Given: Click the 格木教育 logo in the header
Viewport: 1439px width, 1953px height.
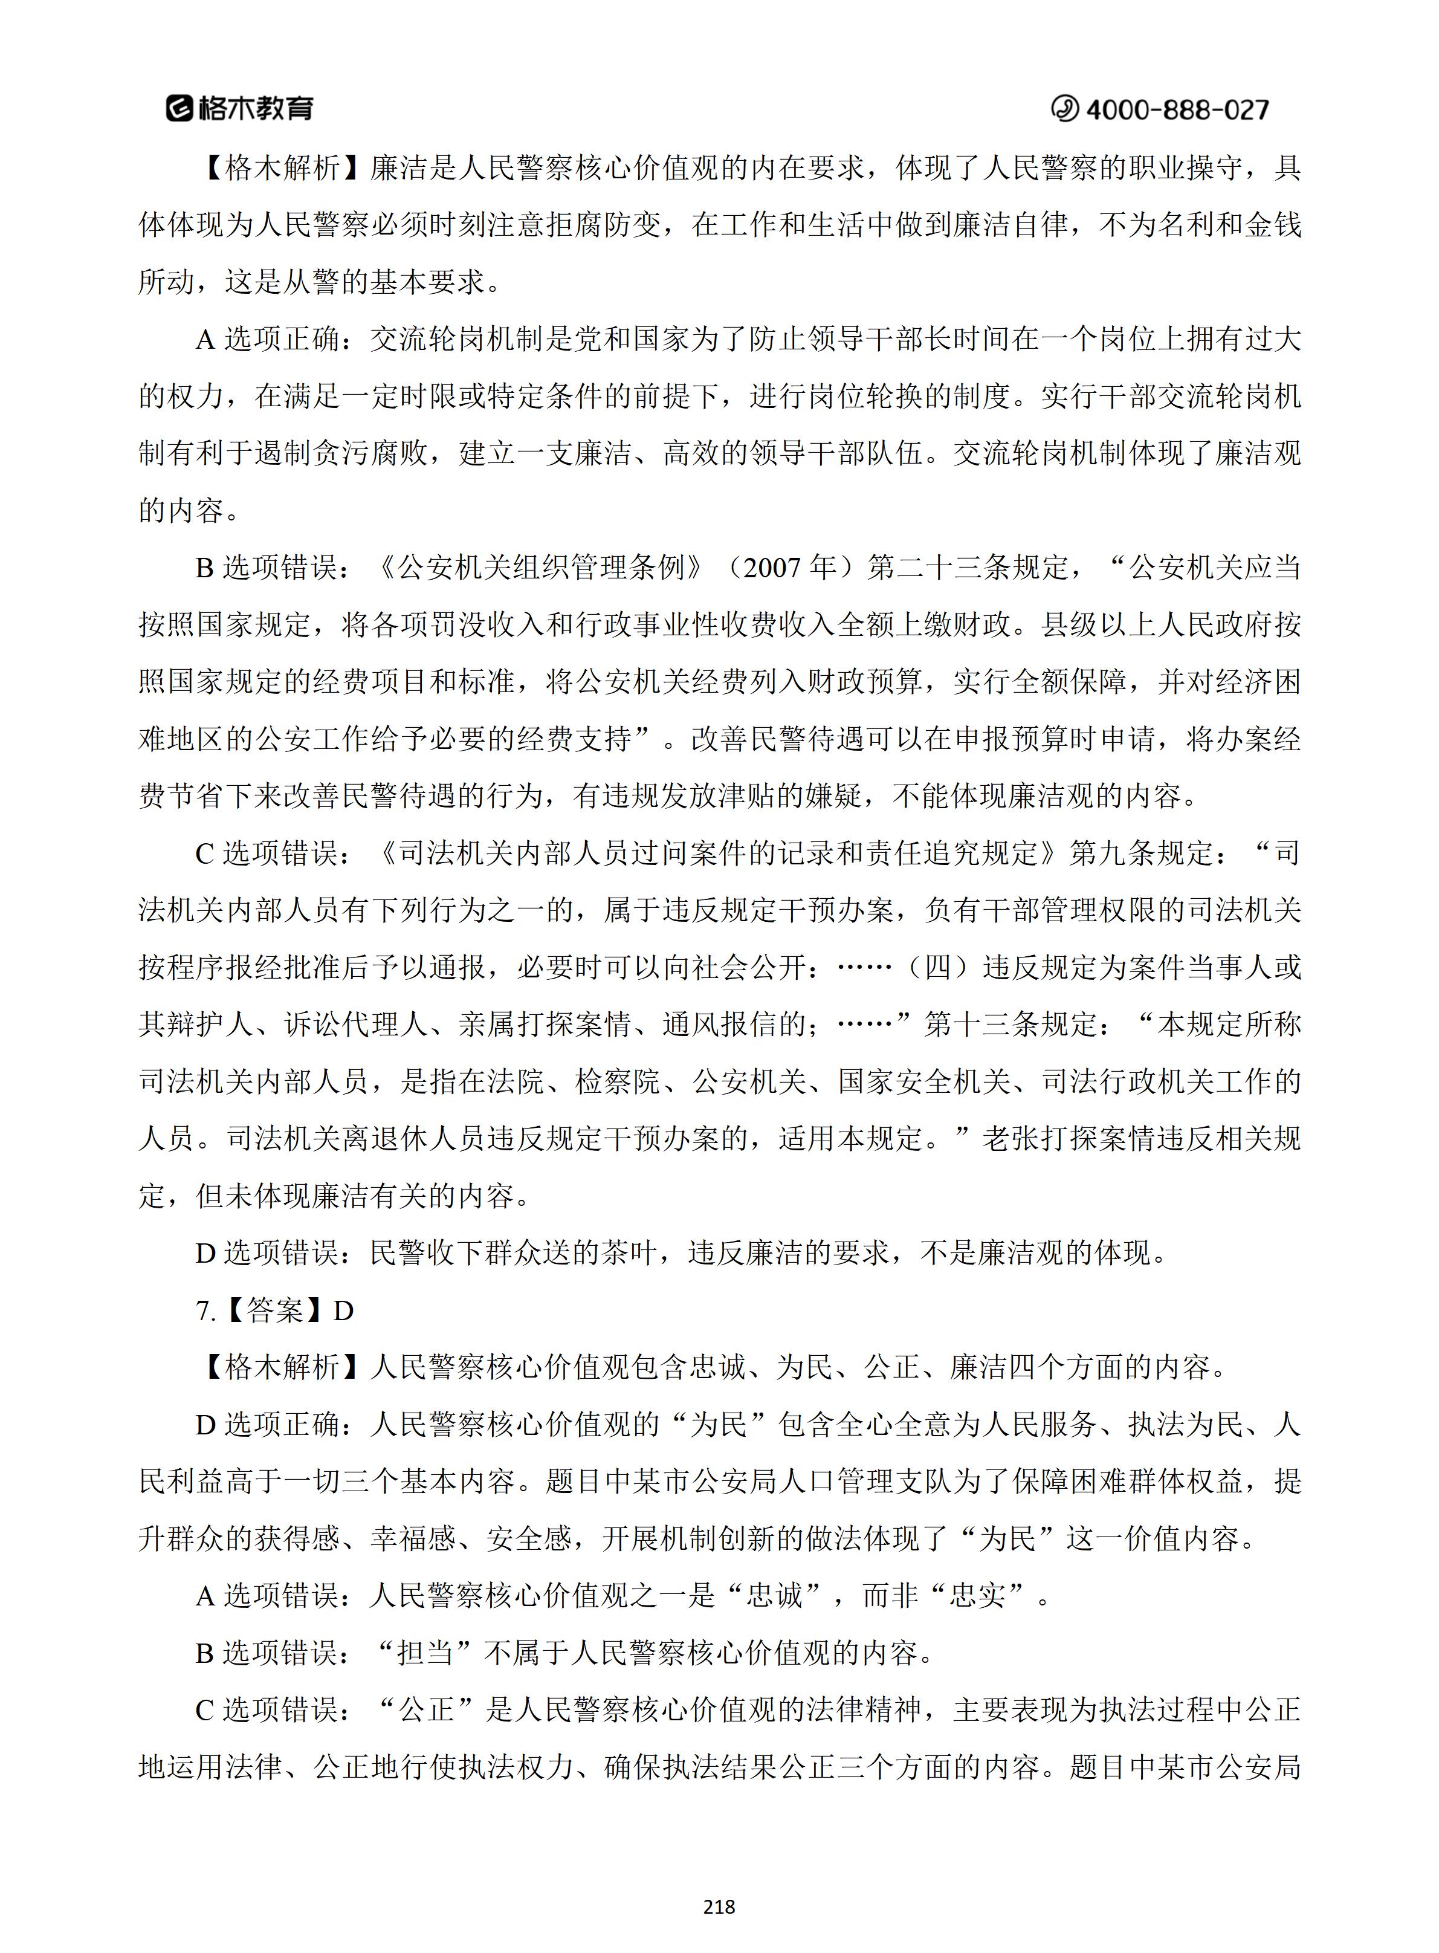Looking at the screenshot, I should (239, 108).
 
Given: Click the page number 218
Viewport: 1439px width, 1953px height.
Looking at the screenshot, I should (719, 1907).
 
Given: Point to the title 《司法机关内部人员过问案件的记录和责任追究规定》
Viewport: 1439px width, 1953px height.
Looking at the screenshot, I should (719, 853).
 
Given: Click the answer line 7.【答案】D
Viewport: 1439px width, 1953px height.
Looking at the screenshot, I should (275, 1310).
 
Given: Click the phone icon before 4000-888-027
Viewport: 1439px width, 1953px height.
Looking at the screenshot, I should (1064, 109).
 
